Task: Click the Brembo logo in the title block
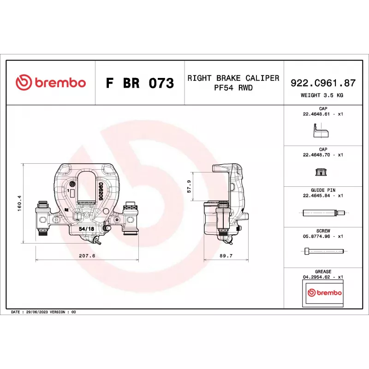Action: [x=51, y=83]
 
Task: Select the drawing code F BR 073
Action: [x=140, y=83]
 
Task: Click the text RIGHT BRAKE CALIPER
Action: [x=233, y=78]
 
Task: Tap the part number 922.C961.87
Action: [x=323, y=83]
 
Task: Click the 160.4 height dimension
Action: [x=19, y=203]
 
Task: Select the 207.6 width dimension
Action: [x=86, y=256]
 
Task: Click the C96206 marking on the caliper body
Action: [x=100, y=190]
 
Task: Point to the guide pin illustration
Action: [x=323, y=213]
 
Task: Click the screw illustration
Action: [x=323, y=252]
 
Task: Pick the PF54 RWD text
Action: [x=233, y=88]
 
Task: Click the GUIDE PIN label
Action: [x=323, y=190]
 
